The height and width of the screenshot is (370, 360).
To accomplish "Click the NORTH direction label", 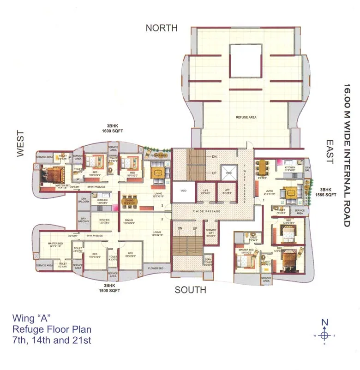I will [162, 28].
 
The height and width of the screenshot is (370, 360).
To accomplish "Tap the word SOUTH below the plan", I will [190, 290].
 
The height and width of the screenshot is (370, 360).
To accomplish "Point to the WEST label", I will [21, 144].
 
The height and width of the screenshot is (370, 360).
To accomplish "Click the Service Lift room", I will [211, 233].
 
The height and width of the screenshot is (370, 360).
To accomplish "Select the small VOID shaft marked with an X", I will [228, 173].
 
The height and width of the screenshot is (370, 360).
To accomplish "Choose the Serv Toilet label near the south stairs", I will [208, 263].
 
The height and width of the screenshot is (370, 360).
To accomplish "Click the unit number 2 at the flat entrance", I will [162, 219].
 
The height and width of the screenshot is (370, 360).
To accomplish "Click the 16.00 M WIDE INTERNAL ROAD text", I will [347, 155].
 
